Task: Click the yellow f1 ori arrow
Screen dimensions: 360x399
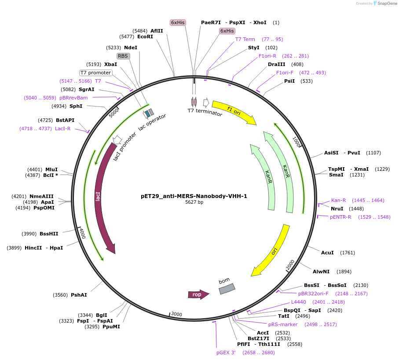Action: [233, 112]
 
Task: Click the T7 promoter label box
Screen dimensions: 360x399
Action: [95, 73]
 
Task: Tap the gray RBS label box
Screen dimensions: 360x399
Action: [123, 56]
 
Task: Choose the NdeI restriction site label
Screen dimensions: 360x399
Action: [131, 48]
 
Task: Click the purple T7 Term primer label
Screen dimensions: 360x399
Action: [245, 39]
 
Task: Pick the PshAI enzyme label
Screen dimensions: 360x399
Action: [79, 295]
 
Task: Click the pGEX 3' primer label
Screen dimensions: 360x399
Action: [226, 353]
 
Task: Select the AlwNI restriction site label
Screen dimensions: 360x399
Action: [320, 272]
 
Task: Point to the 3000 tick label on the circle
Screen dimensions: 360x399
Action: [176, 314]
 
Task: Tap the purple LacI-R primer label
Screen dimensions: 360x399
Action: [63, 129]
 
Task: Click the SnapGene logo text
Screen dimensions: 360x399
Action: [385, 4]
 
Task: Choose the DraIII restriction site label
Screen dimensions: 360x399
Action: [276, 64]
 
